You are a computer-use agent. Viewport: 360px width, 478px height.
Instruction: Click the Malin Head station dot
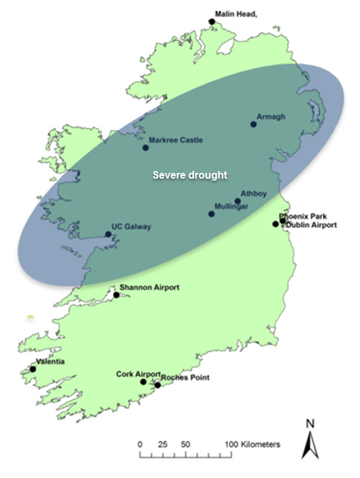212,22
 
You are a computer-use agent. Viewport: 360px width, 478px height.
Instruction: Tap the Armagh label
271,117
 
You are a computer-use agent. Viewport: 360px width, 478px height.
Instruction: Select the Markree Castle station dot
146,147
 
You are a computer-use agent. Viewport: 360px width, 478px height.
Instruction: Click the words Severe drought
190,175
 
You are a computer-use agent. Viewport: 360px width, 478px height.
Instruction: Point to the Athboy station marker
238,201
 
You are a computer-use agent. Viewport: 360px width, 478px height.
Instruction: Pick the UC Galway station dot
108,234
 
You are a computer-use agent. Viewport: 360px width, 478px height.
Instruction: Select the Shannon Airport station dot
116,295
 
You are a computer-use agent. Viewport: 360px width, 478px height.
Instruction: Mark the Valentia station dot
32,369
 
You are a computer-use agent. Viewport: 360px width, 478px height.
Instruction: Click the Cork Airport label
138,374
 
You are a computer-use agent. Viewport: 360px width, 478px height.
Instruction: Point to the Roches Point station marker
158,385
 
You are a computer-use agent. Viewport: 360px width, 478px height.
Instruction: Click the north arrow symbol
310,442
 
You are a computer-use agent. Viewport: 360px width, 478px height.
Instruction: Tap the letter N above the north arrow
310,423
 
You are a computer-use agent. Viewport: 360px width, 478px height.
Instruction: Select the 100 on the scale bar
231,444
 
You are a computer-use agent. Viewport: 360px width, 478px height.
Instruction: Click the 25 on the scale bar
162,444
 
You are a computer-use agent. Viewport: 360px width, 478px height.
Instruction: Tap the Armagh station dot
253,124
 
